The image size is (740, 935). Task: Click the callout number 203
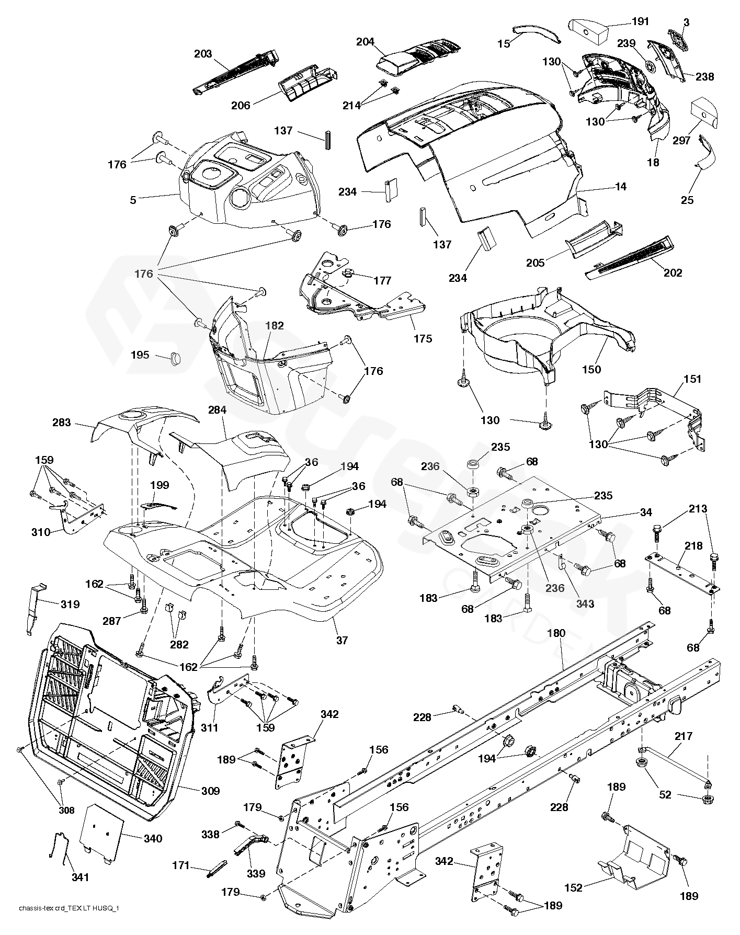pyautogui.click(x=203, y=54)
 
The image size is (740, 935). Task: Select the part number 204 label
pyautogui.click(x=365, y=42)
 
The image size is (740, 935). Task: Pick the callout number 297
pyautogui.click(x=682, y=140)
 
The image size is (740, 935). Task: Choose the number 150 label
pyautogui.click(x=591, y=369)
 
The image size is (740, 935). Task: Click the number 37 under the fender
pyautogui.click(x=341, y=640)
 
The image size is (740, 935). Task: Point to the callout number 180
pyautogui.click(x=556, y=633)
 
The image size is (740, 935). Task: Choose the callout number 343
pyautogui.click(x=585, y=603)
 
